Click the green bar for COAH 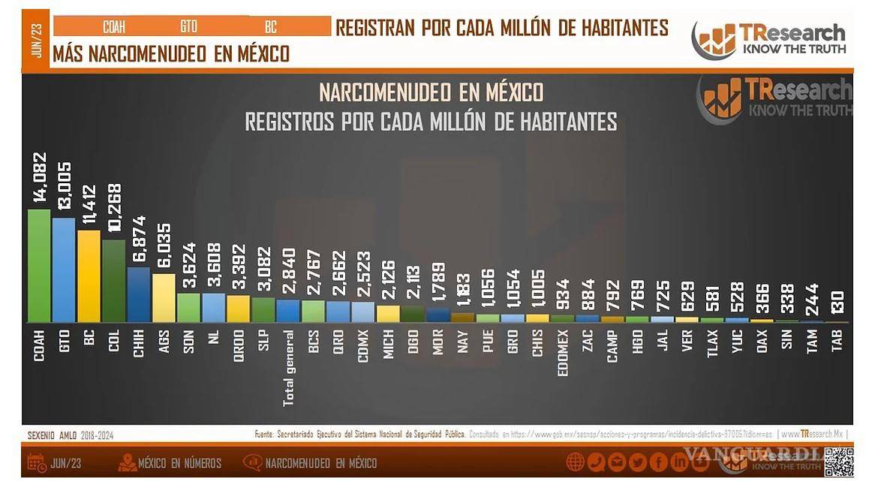pyautogui.click(x=39, y=266)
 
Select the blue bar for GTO pyautogui.click(x=64, y=270)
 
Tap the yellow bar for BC pyautogui.click(x=89, y=276)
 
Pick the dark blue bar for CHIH pyautogui.click(x=139, y=295)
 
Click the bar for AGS pyautogui.click(x=164, y=298)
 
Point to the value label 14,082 pyautogui.click(x=39, y=177)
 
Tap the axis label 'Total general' pyautogui.click(x=288, y=368)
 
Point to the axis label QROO pyautogui.click(x=239, y=346)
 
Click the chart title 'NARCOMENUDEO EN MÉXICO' pyautogui.click(x=431, y=92)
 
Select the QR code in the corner pyautogui.click(x=838, y=462)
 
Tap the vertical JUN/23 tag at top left pyautogui.click(x=36, y=39)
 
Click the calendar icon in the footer pyautogui.click(x=37, y=462)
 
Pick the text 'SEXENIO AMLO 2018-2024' pyautogui.click(x=71, y=435)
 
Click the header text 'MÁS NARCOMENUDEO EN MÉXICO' pyautogui.click(x=171, y=54)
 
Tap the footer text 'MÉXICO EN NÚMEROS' pyautogui.click(x=179, y=463)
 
